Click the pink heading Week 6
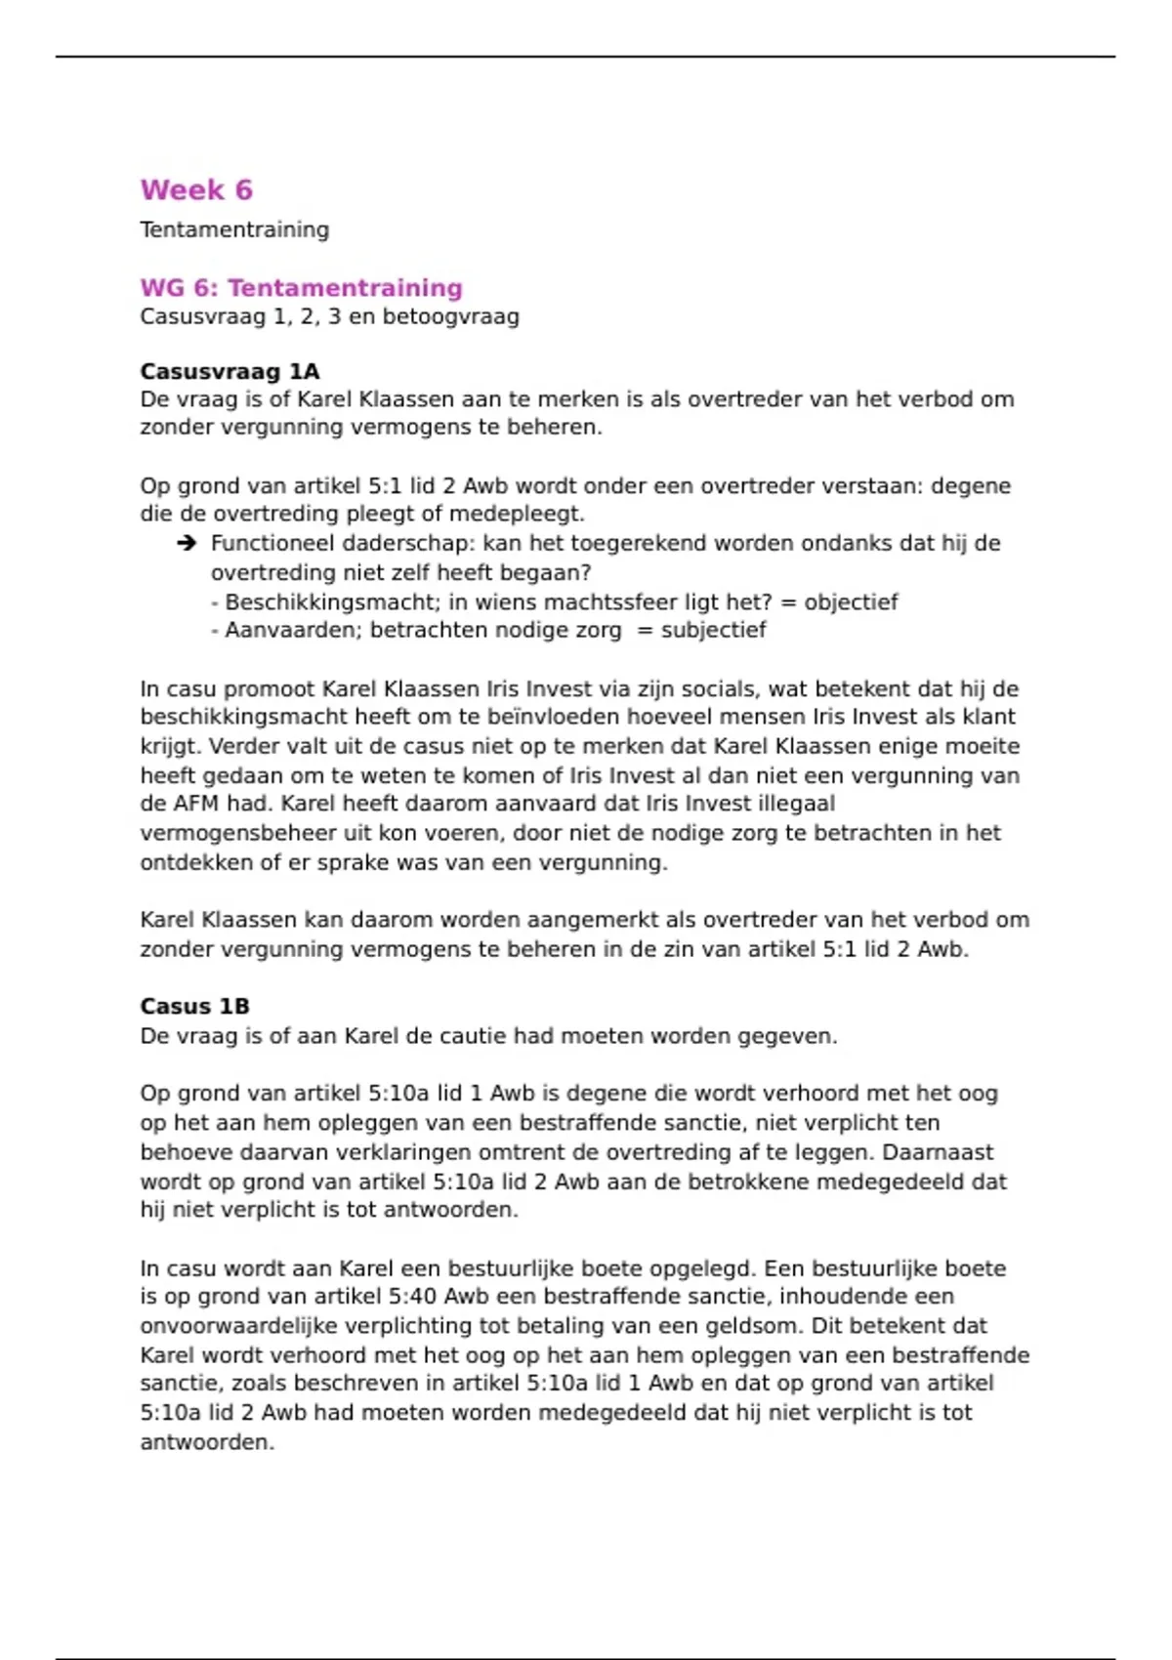196,189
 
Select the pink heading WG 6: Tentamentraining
301,288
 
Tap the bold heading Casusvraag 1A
230,371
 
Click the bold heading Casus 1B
194,1006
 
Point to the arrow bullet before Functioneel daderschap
187,543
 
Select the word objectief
851,602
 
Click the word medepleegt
527,514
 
